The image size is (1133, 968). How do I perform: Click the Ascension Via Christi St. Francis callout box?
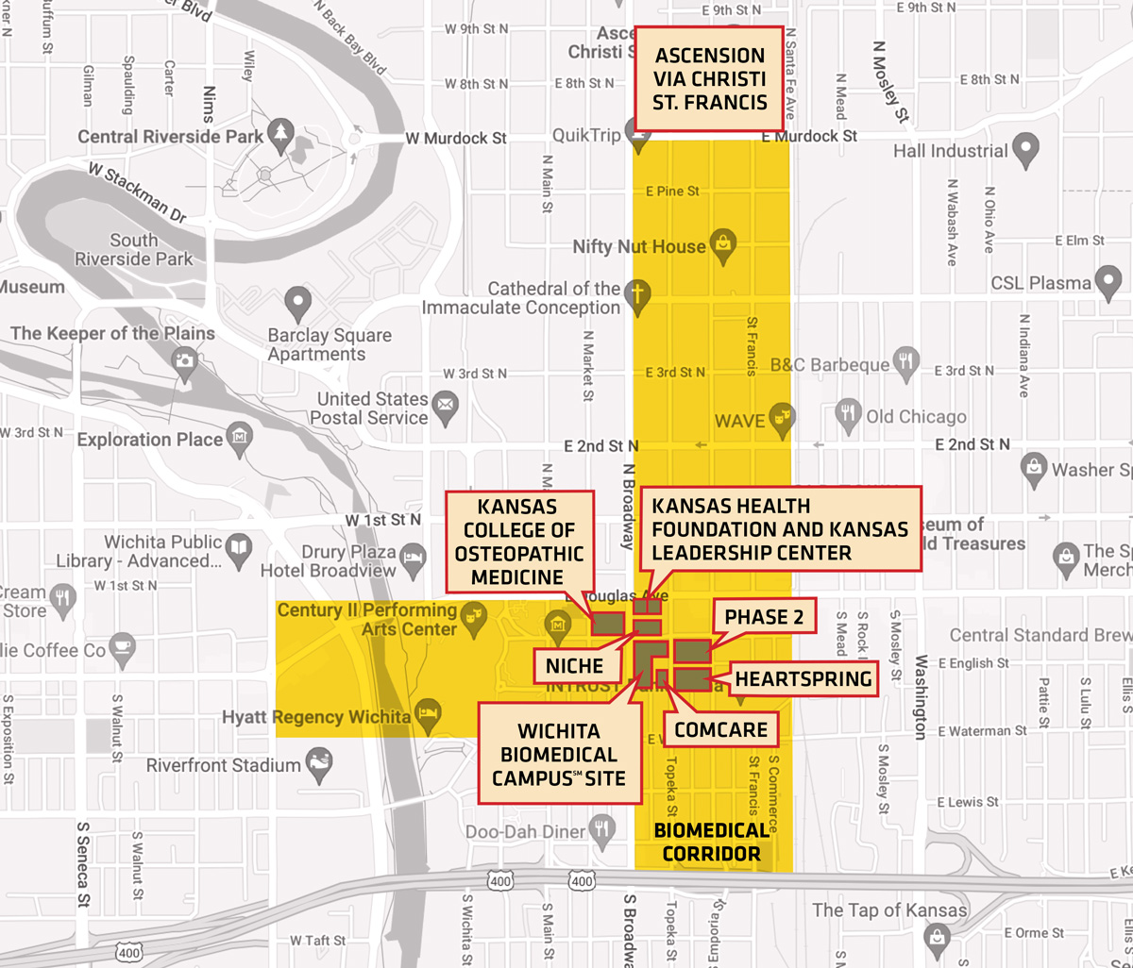[709, 78]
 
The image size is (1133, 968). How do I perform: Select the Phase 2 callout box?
[765, 617]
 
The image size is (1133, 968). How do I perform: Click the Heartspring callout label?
[803, 678]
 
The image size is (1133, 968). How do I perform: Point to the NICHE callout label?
[574, 666]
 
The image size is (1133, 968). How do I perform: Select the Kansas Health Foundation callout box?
[780, 529]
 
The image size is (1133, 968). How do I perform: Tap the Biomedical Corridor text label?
[712, 843]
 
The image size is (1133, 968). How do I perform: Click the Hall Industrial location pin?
[1025, 147]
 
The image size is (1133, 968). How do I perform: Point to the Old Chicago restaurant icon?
[849, 412]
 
